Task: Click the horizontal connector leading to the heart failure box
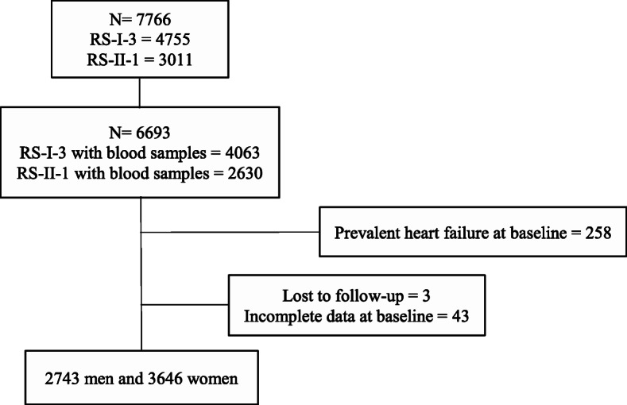(230, 233)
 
